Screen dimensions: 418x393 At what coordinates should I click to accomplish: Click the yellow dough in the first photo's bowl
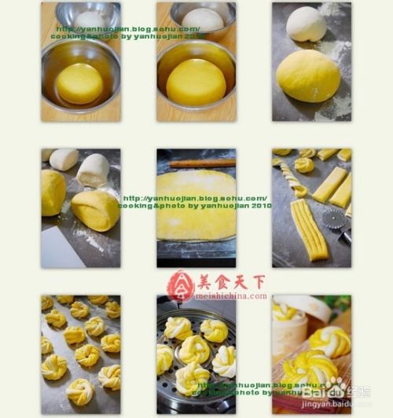tap(79, 82)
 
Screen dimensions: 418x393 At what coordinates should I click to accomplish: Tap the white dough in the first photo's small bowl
tap(90, 20)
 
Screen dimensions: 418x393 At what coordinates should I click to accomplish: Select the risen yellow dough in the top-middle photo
tap(196, 82)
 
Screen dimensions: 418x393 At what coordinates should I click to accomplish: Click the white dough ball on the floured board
tap(305, 24)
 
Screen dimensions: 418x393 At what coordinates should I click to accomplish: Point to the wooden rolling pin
tap(204, 163)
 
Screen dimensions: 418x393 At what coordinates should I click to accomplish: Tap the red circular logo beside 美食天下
tap(180, 286)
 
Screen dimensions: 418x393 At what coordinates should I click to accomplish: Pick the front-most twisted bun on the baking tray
tap(79, 390)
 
